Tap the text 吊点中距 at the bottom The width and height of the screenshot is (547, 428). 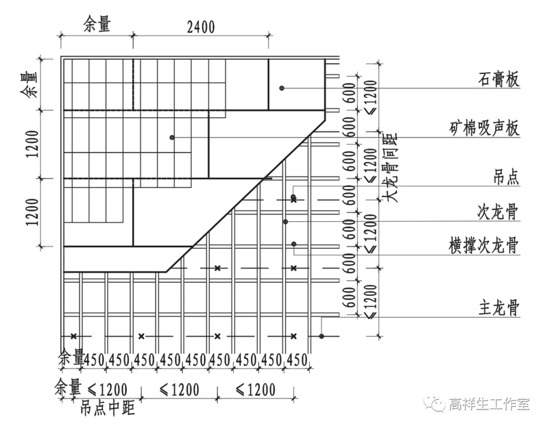click(x=107, y=410)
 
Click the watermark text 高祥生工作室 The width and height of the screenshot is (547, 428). click(x=489, y=403)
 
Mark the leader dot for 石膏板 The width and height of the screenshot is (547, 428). click(x=281, y=88)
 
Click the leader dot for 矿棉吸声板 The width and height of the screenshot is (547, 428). click(x=172, y=138)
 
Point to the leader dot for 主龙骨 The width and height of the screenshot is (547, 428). click(x=321, y=336)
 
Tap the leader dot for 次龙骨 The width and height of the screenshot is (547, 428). click(x=285, y=221)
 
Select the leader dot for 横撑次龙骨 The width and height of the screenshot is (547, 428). click(x=293, y=244)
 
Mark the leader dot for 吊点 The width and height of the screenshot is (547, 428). click(x=293, y=198)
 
